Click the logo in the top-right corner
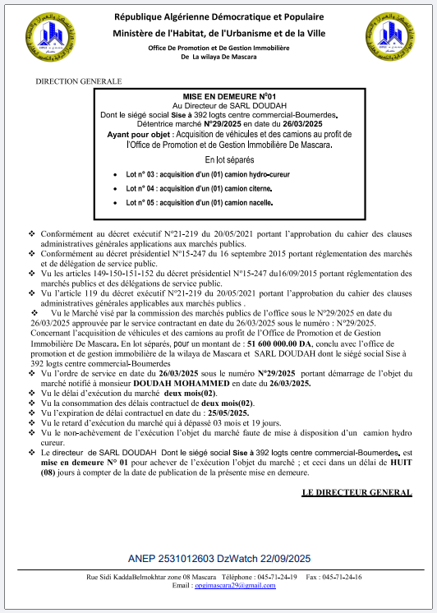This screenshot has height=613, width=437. pyautogui.click(x=389, y=38)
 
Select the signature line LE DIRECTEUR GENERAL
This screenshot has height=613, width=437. pyautogui.click(x=356, y=492)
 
